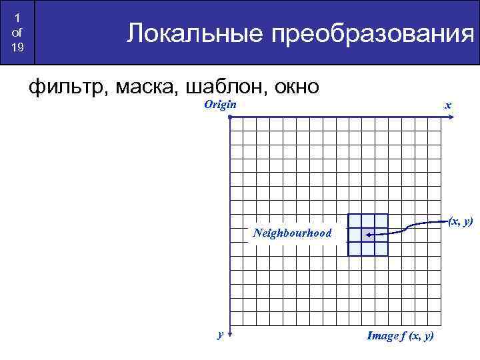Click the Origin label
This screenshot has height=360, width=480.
[x=220, y=105]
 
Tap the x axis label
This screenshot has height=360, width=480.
[x=449, y=106]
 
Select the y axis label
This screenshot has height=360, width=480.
[x=220, y=335]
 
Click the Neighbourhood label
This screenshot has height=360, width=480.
[x=292, y=233]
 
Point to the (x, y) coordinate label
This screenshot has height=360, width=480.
[x=460, y=221]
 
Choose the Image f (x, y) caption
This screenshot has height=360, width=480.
[x=400, y=336]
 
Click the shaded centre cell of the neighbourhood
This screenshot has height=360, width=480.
[x=368, y=235]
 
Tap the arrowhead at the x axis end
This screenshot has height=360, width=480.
[x=452, y=117]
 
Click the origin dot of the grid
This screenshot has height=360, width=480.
[x=229, y=117]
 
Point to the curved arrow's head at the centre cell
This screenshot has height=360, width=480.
[x=369, y=235]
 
